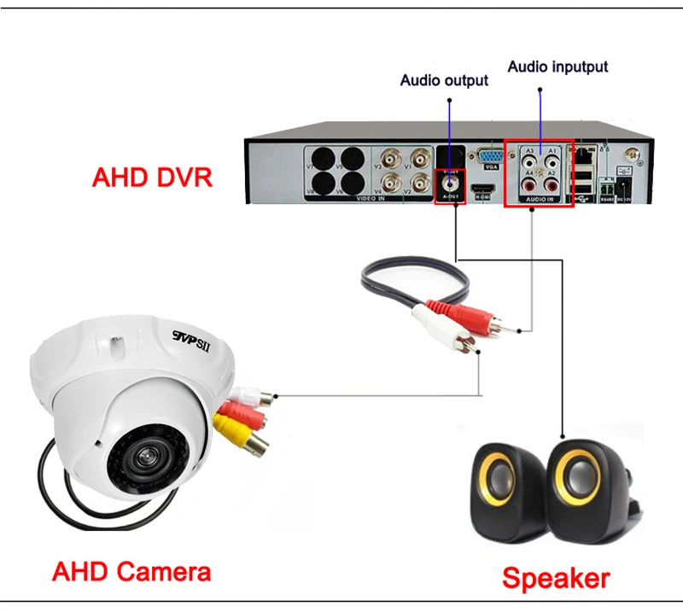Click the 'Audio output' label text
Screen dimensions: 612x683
444,80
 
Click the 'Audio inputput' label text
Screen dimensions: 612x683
557,67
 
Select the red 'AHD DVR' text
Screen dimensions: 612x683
152,178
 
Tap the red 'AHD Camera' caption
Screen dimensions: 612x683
131,570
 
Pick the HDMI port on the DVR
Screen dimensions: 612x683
483,188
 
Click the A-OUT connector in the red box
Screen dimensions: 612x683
450,182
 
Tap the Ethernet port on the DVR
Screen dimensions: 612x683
584,156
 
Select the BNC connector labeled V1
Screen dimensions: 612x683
418,159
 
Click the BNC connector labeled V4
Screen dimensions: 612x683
393,183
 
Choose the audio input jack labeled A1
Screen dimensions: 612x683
551,160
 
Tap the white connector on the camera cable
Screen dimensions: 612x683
255,396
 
